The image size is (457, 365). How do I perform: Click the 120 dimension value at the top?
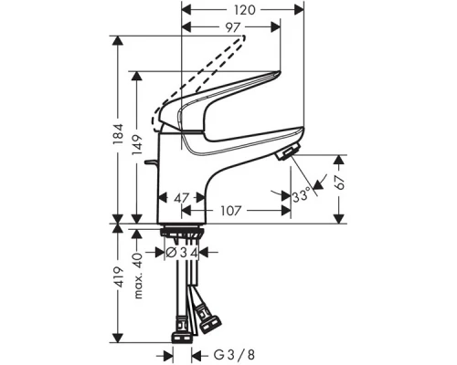(x=242, y=12)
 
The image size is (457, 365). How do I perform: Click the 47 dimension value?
(x=182, y=197)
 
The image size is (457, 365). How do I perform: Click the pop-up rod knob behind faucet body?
(x=148, y=165)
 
